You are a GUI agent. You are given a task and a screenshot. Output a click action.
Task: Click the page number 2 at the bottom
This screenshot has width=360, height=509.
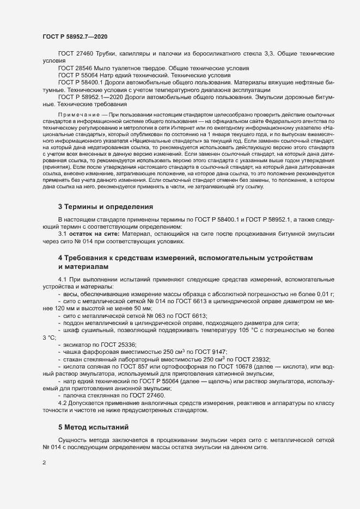pyautogui.click(x=44, y=464)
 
